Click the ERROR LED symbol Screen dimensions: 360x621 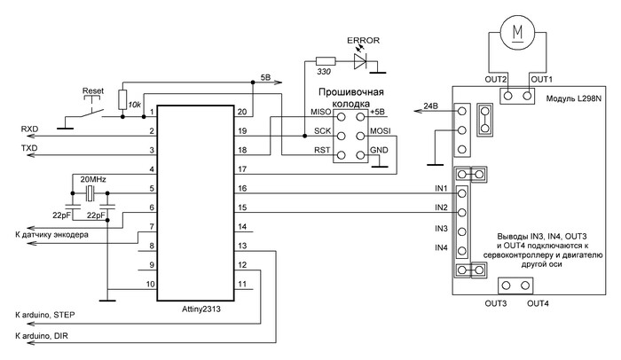[x=360, y=60]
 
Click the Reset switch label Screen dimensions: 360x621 [x=93, y=90]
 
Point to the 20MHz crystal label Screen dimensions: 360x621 [x=93, y=179]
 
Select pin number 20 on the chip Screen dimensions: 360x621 [x=242, y=112]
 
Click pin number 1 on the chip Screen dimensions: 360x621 [x=153, y=112]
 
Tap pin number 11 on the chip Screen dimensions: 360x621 [x=242, y=285]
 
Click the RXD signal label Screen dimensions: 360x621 [x=29, y=129]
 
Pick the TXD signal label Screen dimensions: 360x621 [x=29, y=149]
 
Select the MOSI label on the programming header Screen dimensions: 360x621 [x=381, y=130]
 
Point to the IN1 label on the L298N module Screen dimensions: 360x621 [x=440, y=188]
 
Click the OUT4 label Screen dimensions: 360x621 [x=538, y=304]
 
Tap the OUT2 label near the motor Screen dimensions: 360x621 [x=495, y=80]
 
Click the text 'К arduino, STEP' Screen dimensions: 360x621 [x=44, y=316]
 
